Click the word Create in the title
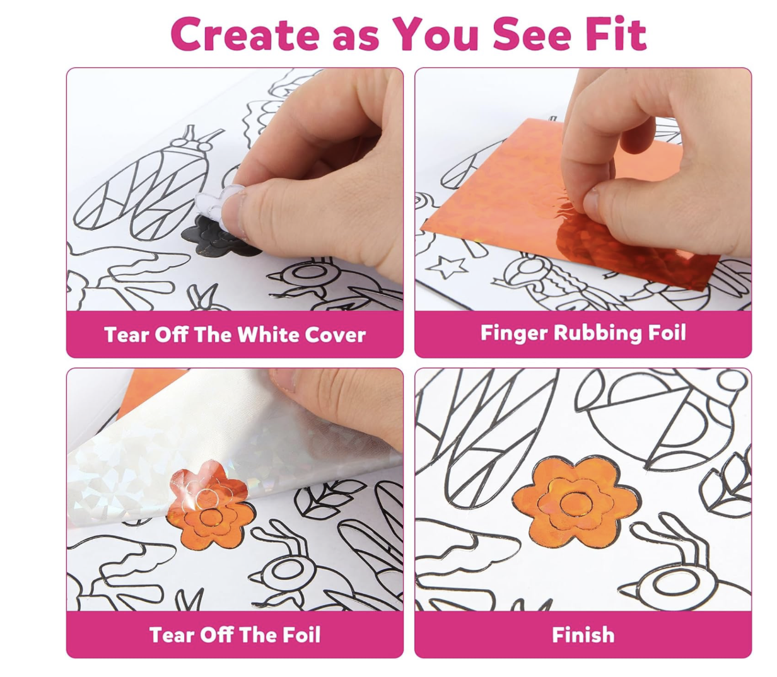245,34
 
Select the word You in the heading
435,34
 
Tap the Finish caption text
583,635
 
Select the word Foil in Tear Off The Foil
301,635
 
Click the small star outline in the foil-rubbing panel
447,267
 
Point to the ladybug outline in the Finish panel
661,417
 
